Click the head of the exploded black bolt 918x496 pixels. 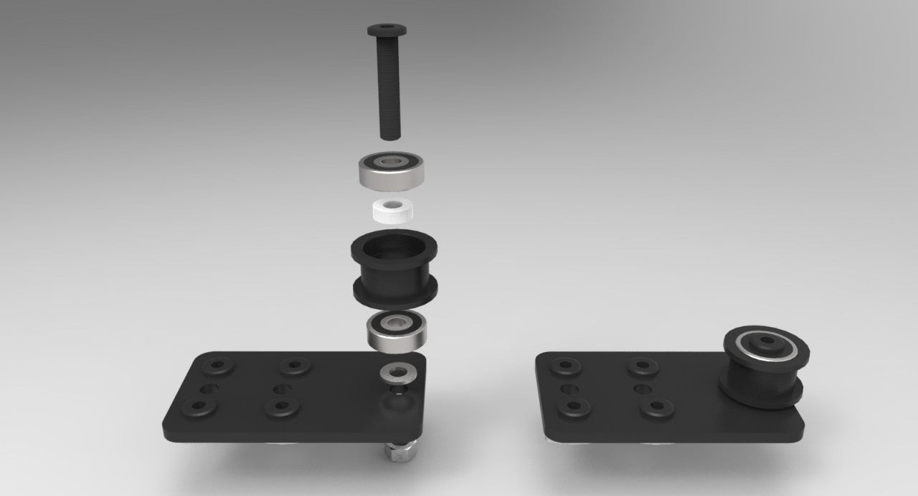pyautogui.click(x=389, y=30)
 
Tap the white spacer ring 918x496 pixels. pyautogui.click(x=393, y=210)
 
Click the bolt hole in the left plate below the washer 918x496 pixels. pyautogui.click(x=393, y=391)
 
